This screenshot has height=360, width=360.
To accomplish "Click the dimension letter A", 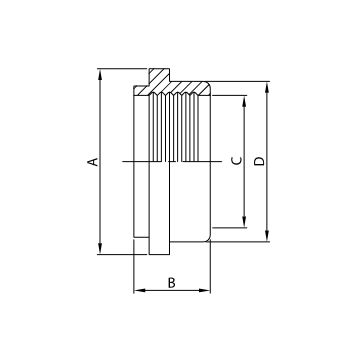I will [x=91, y=161].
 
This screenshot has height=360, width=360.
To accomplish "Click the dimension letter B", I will [x=171, y=282].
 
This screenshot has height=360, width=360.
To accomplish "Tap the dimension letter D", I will [x=260, y=161].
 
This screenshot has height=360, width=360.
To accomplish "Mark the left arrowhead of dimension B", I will [x=137, y=291].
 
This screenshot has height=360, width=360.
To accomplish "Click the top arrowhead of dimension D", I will [x=268, y=85].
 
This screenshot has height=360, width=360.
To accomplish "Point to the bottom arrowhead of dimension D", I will [x=268, y=237].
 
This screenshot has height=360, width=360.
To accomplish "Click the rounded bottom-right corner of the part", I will [x=206, y=236].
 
